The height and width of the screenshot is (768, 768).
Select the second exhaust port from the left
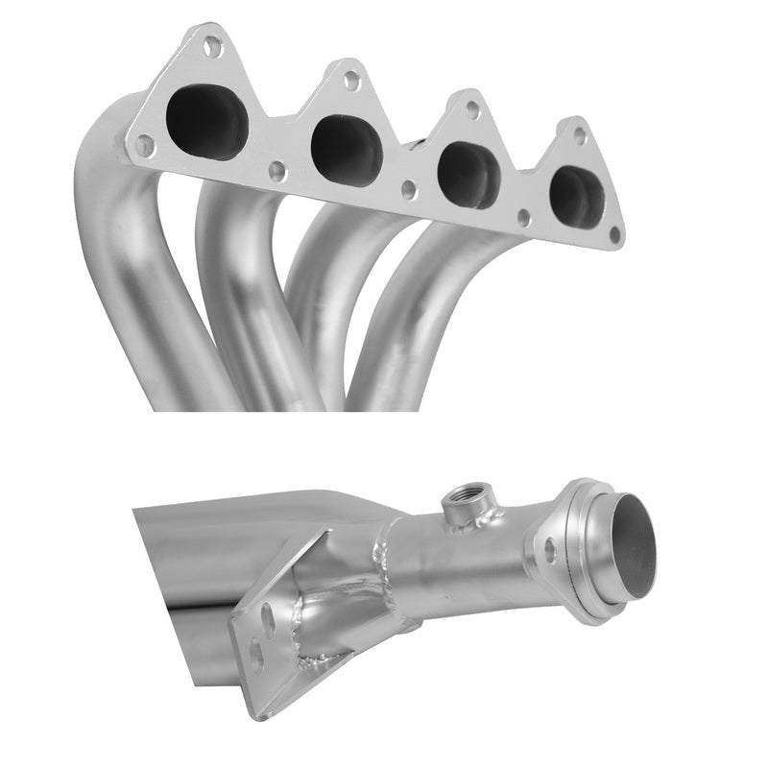point(347,150)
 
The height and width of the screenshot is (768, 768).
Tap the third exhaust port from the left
point(468,174)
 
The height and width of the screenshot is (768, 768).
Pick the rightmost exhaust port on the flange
point(577,197)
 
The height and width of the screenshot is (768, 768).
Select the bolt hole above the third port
point(473,109)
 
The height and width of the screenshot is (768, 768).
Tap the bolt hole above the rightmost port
point(580,135)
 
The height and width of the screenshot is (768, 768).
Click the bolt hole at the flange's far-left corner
point(144,145)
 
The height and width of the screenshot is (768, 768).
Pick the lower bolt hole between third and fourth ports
point(524,217)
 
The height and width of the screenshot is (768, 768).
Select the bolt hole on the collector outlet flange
point(550,550)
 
